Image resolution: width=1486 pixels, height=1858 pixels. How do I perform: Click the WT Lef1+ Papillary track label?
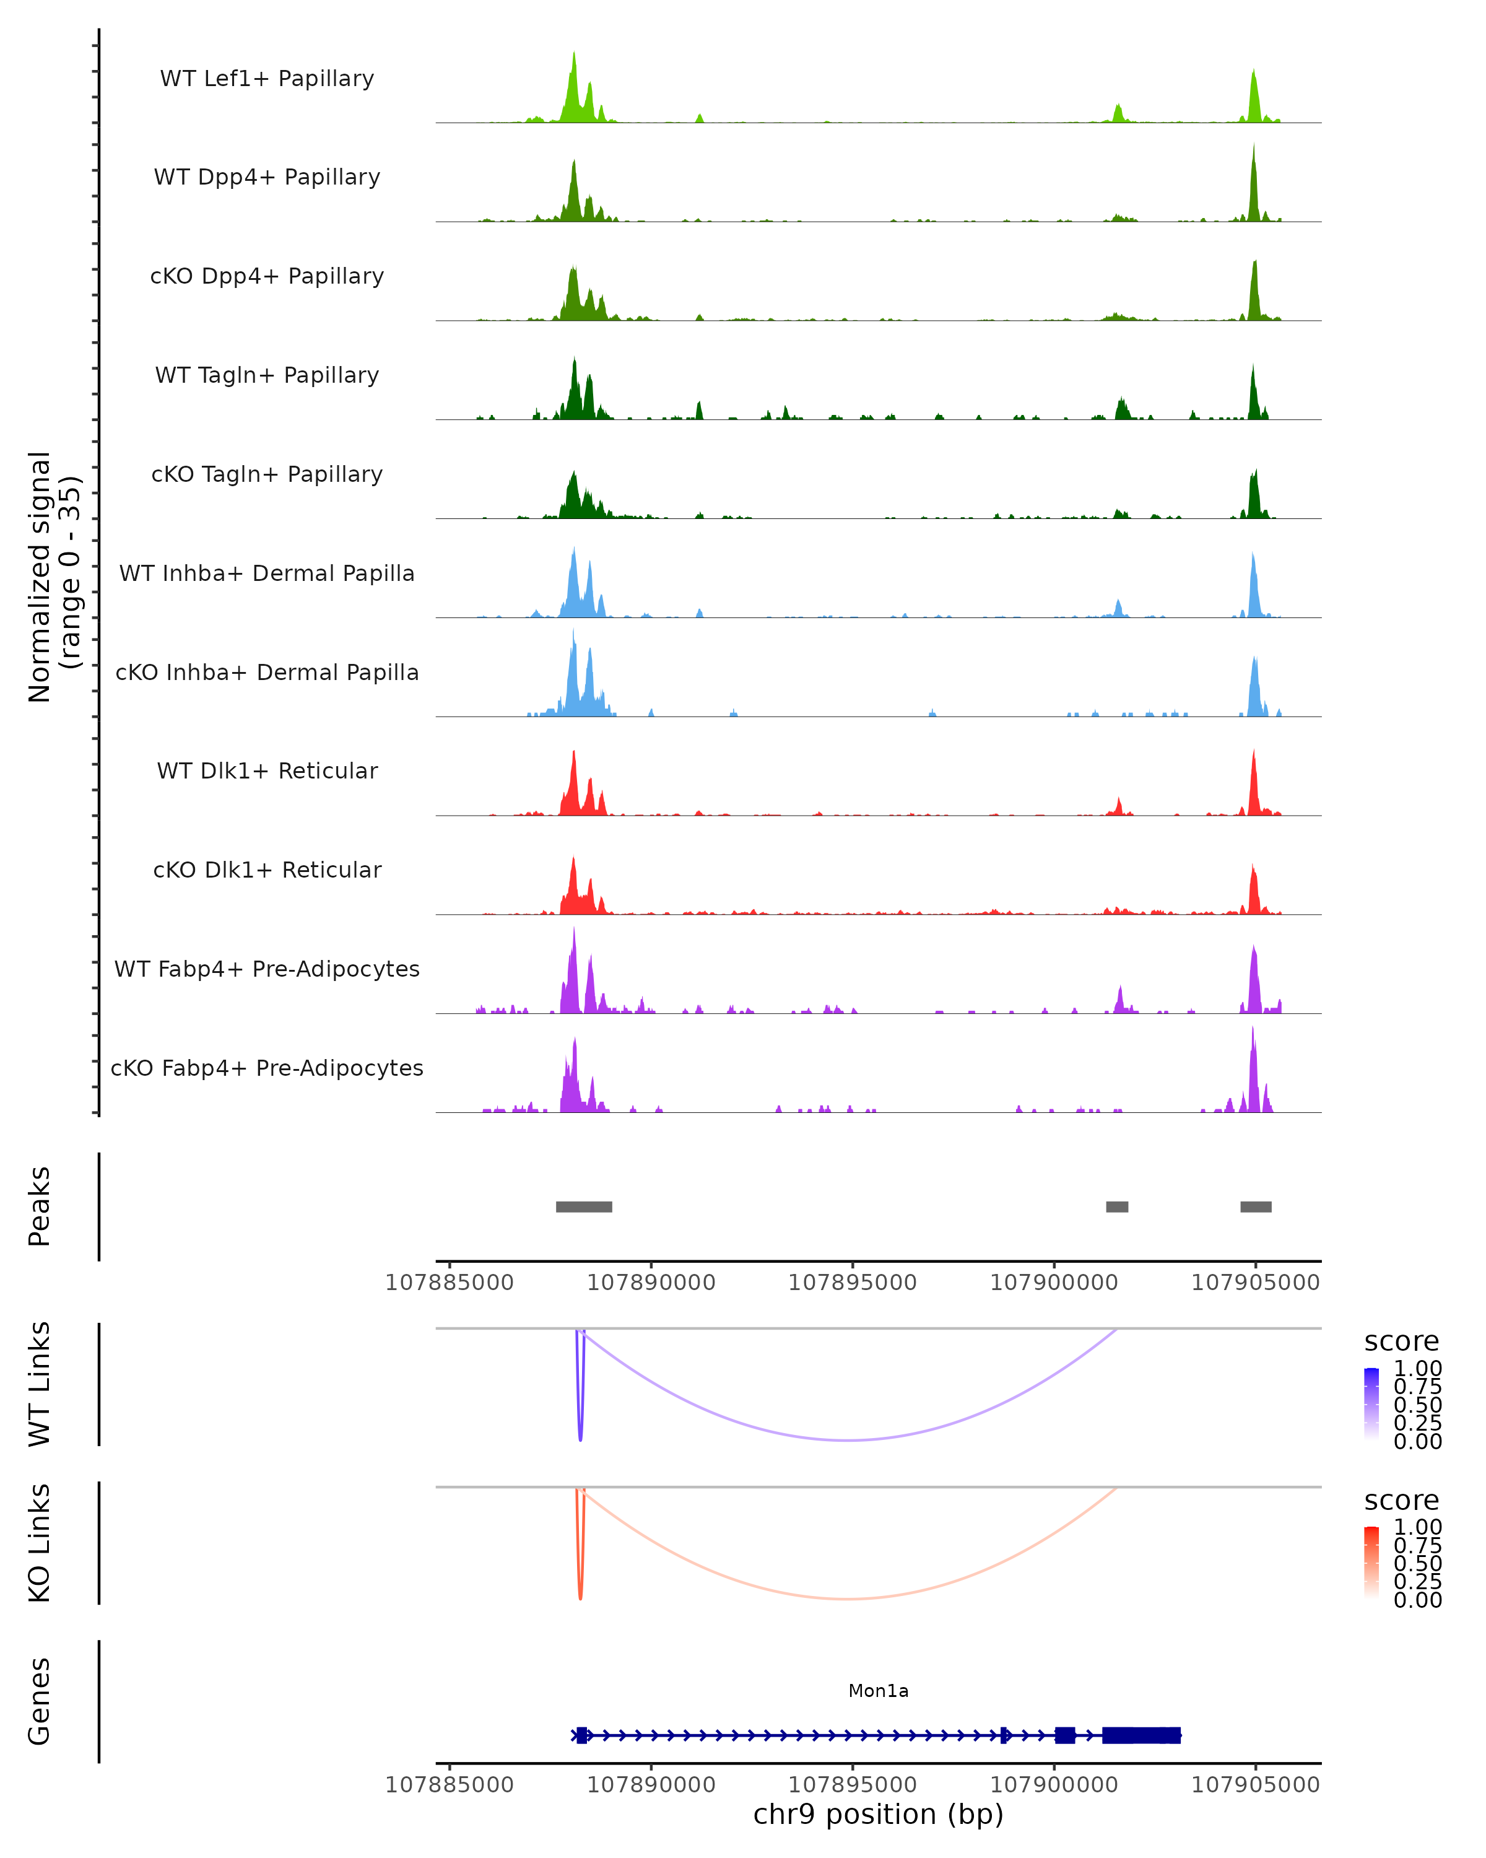point(267,79)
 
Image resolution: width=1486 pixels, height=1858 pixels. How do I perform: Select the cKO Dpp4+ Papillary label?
point(267,277)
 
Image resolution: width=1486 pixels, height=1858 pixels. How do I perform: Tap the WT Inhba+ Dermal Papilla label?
point(267,574)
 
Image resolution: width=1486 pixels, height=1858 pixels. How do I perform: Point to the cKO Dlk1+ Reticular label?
point(267,870)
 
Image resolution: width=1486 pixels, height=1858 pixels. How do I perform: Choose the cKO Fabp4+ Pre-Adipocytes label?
point(267,1068)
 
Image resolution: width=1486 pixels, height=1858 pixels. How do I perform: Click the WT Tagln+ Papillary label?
point(267,376)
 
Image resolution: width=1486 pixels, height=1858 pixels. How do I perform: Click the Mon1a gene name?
point(878,1691)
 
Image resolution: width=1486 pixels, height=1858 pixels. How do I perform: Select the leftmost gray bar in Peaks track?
point(583,1206)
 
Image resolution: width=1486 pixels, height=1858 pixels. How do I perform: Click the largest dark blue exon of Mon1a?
point(1141,1735)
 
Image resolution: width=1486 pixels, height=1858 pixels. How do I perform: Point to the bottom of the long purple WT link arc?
point(848,1440)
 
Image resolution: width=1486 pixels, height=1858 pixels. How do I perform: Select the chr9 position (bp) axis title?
point(878,1815)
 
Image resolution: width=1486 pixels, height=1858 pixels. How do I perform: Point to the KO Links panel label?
point(40,1543)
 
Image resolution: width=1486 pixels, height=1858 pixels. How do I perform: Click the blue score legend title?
point(1401,1342)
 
